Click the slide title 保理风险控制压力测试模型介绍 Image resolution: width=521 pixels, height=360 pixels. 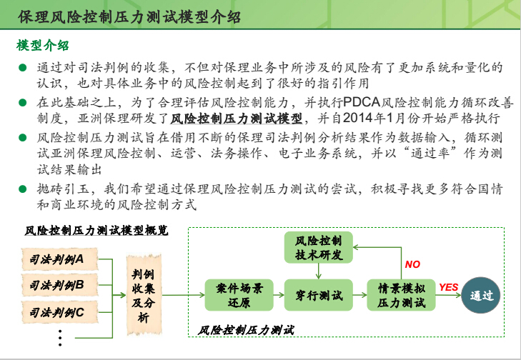pyautogui.click(x=129, y=17)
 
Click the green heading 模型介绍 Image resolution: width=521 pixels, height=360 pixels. pyautogui.click(x=43, y=46)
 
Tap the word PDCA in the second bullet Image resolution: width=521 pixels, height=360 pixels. pyautogui.click(x=361, y=102)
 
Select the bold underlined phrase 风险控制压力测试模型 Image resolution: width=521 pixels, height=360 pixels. pyautogui.click(x=237, y=119)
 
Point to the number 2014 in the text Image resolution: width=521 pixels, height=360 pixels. pyautogui.click(x=357, y=118)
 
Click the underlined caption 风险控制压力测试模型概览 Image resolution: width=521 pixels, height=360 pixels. pyautogui.click(x=96, y=230)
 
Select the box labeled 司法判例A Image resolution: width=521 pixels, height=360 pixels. pyautogui.click(x=59, y=259)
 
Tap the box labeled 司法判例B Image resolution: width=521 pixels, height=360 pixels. pyautogui.click(x=59, y=285)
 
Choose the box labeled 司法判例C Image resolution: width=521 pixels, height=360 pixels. pyautogui.click(x=59, y=312)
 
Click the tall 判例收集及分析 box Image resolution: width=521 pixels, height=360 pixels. pyautogui.click(x=144, y=295)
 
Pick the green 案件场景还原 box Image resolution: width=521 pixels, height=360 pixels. pyautogui.click(x=239, y=295)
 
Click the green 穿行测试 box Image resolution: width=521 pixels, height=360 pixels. pyautogui.click(x=318, y=295)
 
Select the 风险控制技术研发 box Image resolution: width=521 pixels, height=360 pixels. pyautogui.click(x=318, y=247)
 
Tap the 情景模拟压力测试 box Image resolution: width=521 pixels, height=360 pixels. pyautogui.click(x=401, y=295)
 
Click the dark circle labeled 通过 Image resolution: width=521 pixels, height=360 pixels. pyautogui.click(x=481, y=295)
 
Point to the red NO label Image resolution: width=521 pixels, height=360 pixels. pyautogui.click(x=412, y=264)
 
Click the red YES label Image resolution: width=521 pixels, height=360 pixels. pyautogui.click(x=448, y=287)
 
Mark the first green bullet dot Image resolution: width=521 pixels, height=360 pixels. pyautogui.click(x=23, y=68)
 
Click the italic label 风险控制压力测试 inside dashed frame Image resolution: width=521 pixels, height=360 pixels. pyautogui.click(x=246, y=330)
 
